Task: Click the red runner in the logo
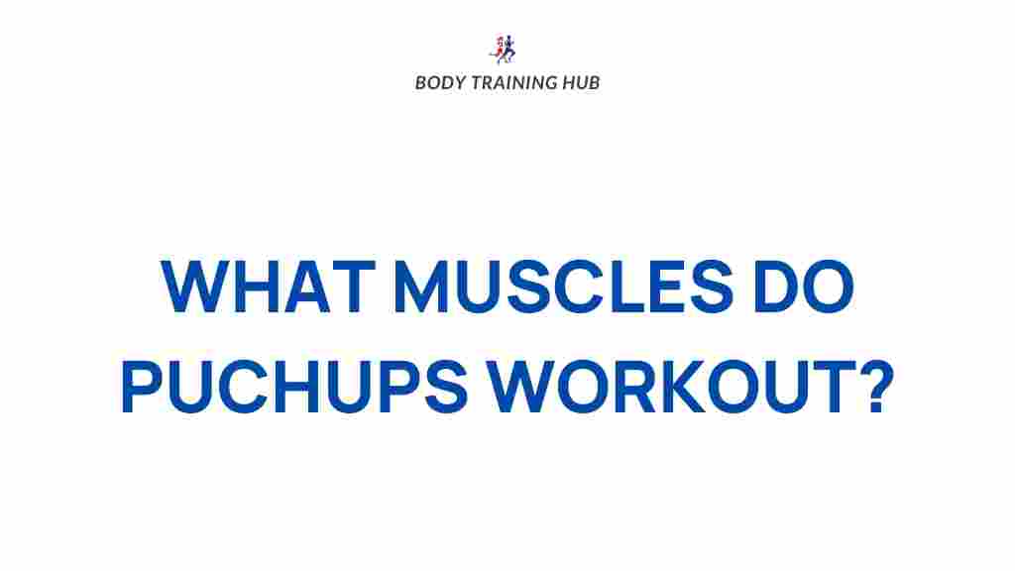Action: (x=499, y=49)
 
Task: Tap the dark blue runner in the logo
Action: (x=509, y=49)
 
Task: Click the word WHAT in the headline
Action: (x=268, y=286)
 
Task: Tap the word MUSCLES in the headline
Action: (x=563, y=286)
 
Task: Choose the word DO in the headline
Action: (x=803, y=286)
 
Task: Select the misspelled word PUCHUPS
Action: (x=293, y=386)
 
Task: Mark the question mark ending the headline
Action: (x=877, y=386)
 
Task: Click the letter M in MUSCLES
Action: (x=421, y=286)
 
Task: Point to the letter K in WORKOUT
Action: (x=678, y=387)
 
